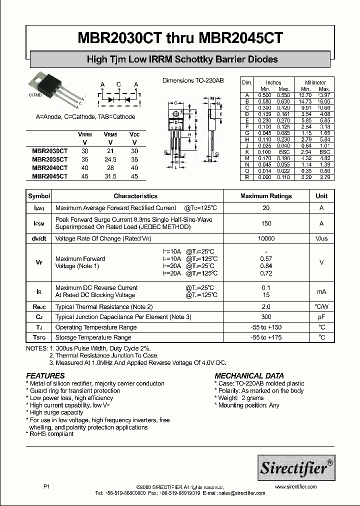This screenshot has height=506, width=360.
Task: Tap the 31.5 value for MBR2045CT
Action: [x=110, y=176]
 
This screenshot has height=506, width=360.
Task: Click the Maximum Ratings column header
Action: [x=266, y=196]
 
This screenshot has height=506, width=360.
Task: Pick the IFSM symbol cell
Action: [x=39, y=223]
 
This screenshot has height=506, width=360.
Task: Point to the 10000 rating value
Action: [x=266, y=239]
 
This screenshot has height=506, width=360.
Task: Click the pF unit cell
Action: [x=321, y=317]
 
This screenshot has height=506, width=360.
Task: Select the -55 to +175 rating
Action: [x=266, y=337]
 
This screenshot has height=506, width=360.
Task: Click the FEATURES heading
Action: [x=45, y=375]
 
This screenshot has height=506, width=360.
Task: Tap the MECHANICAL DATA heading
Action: [x=249, y=375]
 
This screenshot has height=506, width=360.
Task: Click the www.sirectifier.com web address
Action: [x=295, y=486]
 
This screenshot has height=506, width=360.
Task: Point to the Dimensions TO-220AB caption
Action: [x=193, y=80]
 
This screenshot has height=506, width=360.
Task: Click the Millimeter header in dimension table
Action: [x=315, y=82]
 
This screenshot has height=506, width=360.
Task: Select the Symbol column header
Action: [x=39, y=196]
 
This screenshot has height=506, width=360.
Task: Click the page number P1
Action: [x=47, y=486]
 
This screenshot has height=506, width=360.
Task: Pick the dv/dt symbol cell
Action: [x=39, y=239]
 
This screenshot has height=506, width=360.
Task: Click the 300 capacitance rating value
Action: [x=266, y=317]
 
